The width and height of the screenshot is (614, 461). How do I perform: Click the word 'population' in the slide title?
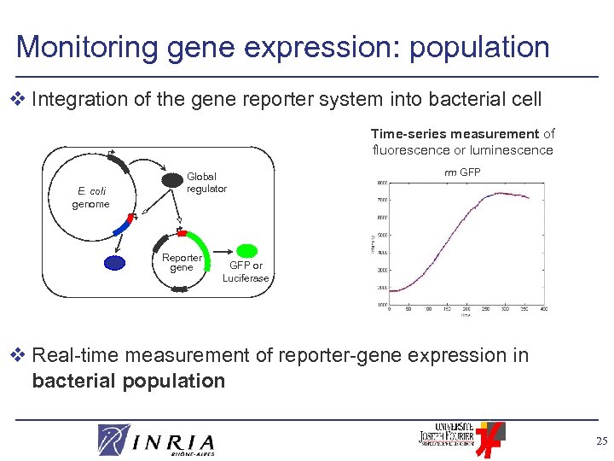tap(479, 47)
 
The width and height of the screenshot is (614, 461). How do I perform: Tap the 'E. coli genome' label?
tap(90, 198)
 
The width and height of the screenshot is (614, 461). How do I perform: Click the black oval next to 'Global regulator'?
tap(172, 181)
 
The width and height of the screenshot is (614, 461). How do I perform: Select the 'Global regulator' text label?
tap(206, 183)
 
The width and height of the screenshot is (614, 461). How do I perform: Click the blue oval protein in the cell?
tap(114, 263)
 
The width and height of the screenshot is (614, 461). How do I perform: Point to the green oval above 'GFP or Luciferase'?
tap(246, 251)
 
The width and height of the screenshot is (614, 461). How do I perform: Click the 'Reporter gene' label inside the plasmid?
tap(182, 262)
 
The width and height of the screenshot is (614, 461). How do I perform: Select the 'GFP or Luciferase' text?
tap(246, 271)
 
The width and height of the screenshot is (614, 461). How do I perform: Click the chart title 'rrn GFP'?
tap(462, 172)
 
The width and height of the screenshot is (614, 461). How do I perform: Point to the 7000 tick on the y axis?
tap(383, 200)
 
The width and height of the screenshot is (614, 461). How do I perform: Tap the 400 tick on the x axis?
tap(543, 309)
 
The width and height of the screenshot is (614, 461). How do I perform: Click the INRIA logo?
tap(157, 441)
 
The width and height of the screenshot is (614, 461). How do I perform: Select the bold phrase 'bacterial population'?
tap(128, 381)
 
